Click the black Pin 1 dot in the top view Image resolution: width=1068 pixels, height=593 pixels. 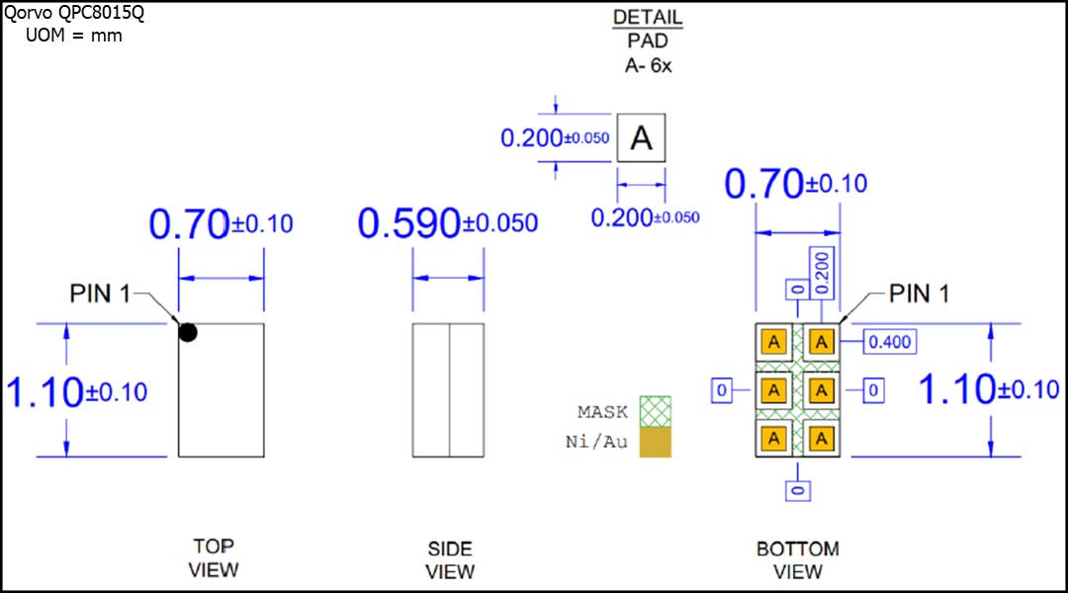click(188, 333)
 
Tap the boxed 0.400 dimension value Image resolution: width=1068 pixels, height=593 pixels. click(889, 342)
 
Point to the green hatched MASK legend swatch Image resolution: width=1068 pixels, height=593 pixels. click(655, 411)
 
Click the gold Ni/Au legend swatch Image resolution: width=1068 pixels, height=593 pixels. click(655, 442)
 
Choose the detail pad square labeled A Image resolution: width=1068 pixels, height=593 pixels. click(642, 138)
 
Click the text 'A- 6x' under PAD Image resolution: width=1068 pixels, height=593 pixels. click(648, 65)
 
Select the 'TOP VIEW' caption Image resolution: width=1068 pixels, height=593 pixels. click(214, 557)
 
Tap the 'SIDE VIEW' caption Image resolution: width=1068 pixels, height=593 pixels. click(450, 559)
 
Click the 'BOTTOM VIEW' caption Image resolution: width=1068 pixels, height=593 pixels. click(797, 559)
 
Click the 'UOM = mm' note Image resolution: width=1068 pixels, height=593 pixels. click(73, 36)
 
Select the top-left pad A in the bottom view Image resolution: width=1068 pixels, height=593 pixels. click(774, 342)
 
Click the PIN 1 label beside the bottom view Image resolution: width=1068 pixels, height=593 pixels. click(919, 294)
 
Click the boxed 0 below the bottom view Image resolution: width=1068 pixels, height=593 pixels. click(799, 489)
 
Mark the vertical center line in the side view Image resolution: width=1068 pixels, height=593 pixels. click(450, 389)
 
